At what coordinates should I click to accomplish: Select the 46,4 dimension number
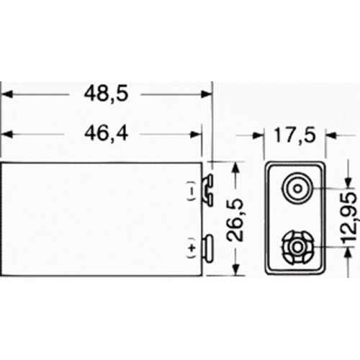(x=104, y=135)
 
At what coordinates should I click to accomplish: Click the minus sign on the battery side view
(x=191, y=192)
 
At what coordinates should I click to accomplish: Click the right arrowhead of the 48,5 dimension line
(x=207, y=94)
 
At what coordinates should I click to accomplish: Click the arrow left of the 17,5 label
(x=260, y=135)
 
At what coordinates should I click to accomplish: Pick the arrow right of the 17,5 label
(x=333, y=135)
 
